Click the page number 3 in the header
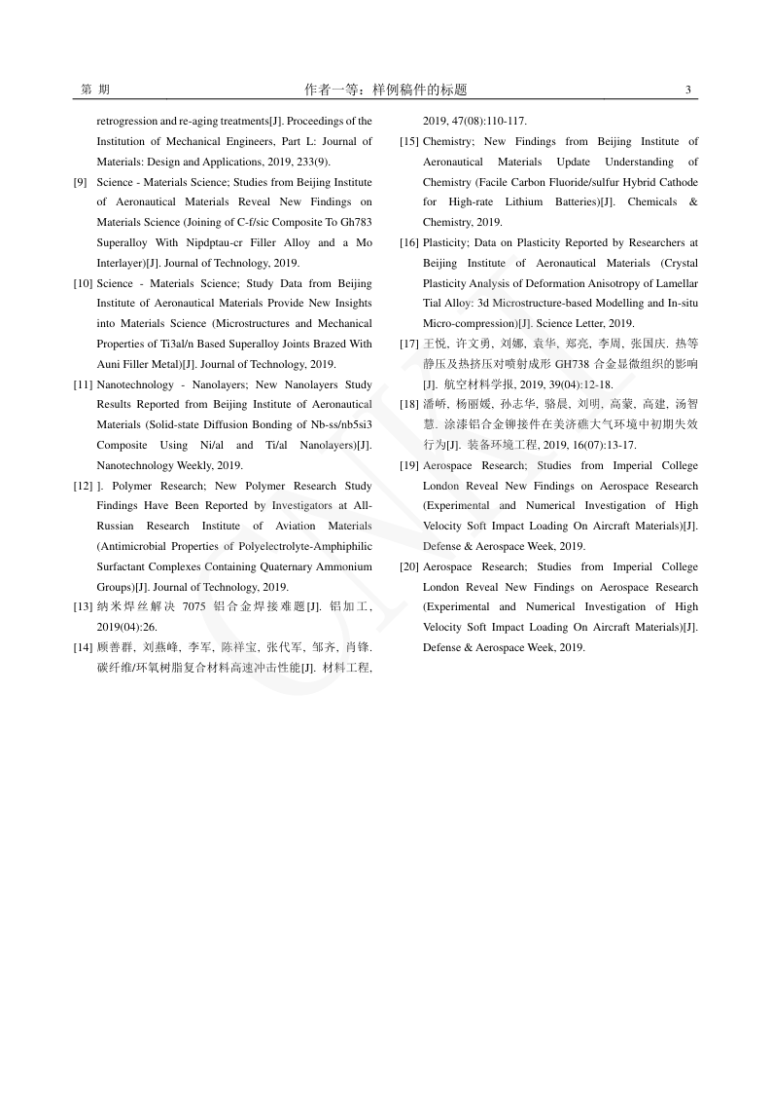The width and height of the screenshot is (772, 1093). click(687, 91)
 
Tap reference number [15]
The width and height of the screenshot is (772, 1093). click(409, 142)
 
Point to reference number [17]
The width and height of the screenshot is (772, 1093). click(409, 344)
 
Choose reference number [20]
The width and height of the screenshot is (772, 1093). click(409, 566)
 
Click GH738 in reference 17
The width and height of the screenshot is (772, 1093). click(574, 364)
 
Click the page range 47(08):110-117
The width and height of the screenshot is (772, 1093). click(490, 122)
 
